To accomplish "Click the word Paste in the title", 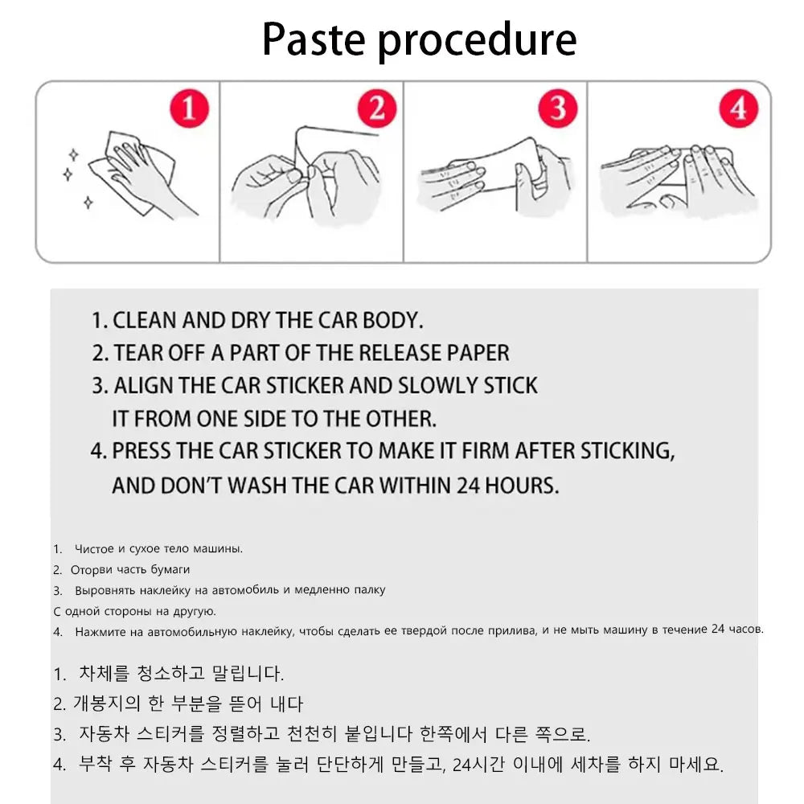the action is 314,39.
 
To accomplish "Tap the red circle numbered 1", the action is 189,109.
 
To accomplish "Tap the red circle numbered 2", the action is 377,109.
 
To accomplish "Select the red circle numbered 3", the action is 558,109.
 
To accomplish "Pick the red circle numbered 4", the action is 738,109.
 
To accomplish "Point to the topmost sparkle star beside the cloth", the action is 74,154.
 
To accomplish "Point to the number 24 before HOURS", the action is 468,485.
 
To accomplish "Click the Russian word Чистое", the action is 95,549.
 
